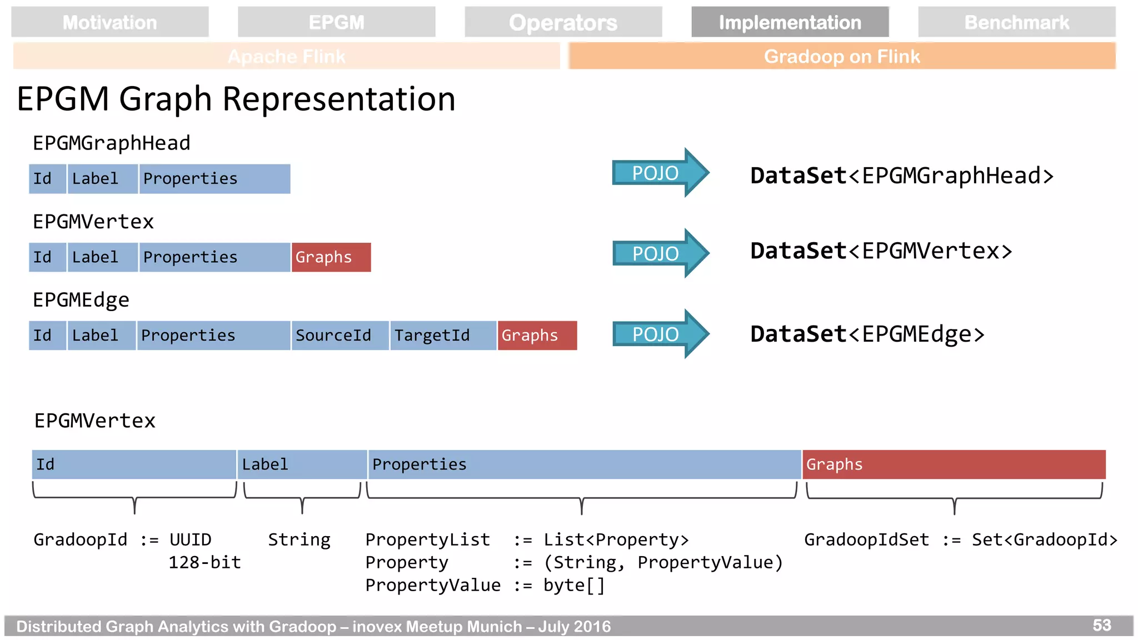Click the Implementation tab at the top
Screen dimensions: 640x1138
point(790,22)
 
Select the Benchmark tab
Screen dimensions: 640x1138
point(1016,22)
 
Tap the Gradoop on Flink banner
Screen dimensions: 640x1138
point(841,56)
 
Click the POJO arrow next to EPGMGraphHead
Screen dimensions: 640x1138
point(658,173)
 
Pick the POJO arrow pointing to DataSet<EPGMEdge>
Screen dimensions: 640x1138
point(658,334)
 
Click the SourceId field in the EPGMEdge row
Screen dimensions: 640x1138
point(340,336)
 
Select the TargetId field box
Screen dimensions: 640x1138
point(442,336)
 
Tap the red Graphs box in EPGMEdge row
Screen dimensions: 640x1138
point(537,336)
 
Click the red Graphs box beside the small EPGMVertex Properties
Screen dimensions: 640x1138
point(331,257)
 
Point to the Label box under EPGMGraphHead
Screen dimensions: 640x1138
point(102,179)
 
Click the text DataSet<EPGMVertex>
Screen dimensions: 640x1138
point(881,251)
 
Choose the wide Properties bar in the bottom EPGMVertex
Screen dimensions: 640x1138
point(583,464)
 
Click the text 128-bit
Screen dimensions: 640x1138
point(204,562)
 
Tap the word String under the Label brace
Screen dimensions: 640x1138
point(299,539)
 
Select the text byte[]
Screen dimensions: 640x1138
point(573,585)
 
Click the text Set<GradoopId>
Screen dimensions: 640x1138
point(1044,539)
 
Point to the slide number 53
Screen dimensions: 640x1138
point(1101,626)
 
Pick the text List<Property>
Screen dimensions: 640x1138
point(616,539)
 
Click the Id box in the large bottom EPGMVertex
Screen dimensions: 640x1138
point(133,464)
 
